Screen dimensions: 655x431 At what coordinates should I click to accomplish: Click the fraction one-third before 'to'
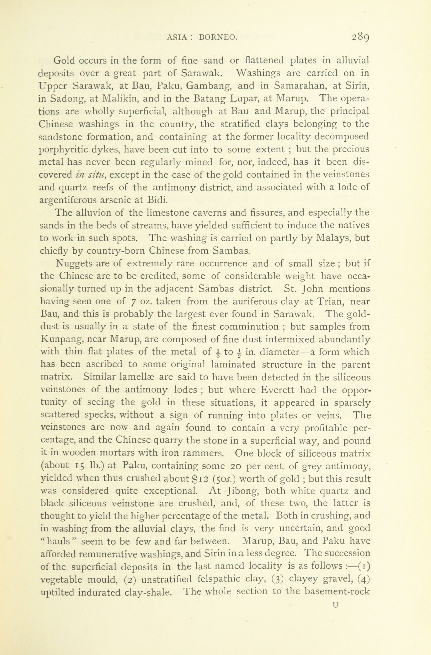pyautogui.click(x=218, y=352)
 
